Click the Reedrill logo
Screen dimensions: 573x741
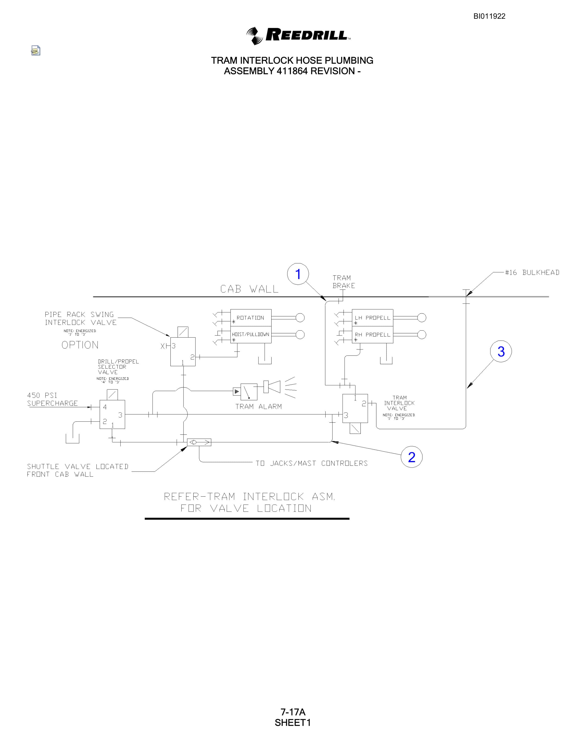298,36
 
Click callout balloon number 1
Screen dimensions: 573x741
298,274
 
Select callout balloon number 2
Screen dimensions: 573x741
411,457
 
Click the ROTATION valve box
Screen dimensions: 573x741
251,318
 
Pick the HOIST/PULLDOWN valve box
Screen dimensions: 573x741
251,334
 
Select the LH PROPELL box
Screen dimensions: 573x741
372,318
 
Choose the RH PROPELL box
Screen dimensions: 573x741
372,334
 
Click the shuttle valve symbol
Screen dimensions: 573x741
199,442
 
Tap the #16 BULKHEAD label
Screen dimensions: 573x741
532,272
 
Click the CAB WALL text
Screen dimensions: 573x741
250,289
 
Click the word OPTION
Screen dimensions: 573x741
80,345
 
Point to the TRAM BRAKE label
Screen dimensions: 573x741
344,282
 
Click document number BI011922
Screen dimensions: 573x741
489,16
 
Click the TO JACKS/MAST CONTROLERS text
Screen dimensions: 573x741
312,463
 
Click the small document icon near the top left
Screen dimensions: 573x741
36,51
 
